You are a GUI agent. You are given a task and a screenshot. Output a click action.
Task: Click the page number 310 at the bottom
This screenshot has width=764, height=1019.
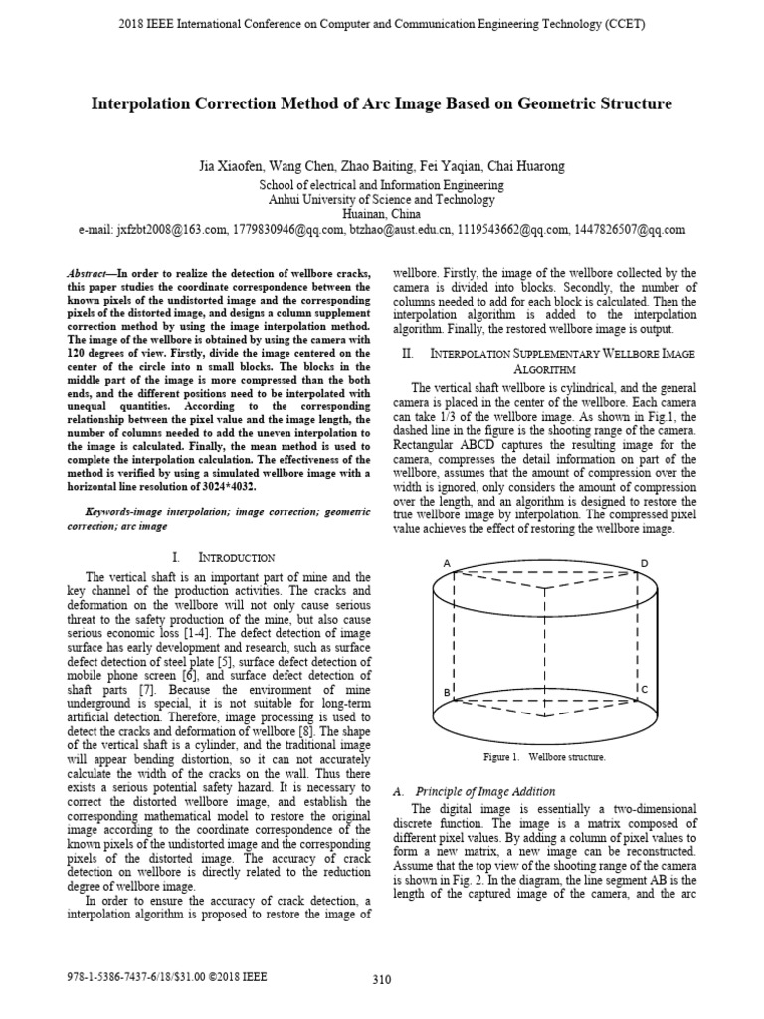[x=381, y=980]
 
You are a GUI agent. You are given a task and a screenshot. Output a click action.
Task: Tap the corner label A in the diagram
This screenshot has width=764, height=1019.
[x=448, y=565]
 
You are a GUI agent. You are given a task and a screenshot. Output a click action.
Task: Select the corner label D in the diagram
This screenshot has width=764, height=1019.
[x=645, y=564]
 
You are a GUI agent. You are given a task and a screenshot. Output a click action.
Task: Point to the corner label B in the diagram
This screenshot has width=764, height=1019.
[x=447, y=691]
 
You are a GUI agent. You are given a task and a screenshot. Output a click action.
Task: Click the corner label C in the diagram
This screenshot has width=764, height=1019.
[x=645, y=689]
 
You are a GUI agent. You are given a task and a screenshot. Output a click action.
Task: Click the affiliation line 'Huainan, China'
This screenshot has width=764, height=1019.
[x=381, y=214]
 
